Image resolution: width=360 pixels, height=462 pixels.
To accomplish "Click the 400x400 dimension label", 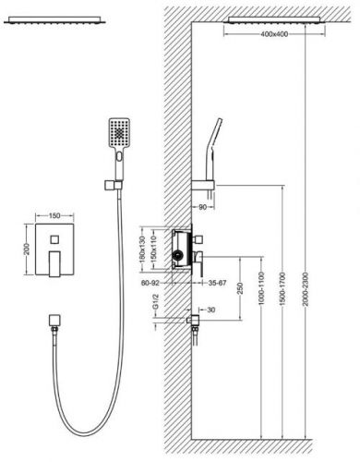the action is (274, 34).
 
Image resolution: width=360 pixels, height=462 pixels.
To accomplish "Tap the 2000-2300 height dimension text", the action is (306, 289).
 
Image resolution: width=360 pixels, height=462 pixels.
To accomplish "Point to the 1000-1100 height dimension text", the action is (261, 288).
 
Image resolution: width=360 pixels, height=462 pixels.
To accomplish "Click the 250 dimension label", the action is (240, 288).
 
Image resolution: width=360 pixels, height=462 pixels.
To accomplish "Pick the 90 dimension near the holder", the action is (202, 207).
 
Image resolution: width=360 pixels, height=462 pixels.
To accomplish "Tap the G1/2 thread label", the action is (156, 302).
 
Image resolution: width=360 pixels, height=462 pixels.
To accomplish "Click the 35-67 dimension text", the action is (217, 283).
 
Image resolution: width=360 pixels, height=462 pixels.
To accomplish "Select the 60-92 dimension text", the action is (150, 283).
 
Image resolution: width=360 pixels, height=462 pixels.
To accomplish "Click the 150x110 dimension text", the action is (154, 249).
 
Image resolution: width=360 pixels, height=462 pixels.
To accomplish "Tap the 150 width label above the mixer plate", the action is (54, 216).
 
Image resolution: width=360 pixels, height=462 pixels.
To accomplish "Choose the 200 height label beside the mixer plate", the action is (27, 249).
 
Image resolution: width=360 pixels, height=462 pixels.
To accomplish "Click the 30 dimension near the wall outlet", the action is (211, 310).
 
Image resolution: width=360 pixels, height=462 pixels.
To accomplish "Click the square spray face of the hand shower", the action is (119, 133).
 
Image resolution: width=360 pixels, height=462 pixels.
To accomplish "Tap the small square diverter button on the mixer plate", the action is (54, 239).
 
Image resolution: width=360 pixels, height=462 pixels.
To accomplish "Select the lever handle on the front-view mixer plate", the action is (54, 264).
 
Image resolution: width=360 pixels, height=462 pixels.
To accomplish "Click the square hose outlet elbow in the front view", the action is (54, 321).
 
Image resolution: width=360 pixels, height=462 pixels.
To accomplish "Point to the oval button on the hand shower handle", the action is (119, 157).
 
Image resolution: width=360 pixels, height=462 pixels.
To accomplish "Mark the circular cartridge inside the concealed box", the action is (177, 255).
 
